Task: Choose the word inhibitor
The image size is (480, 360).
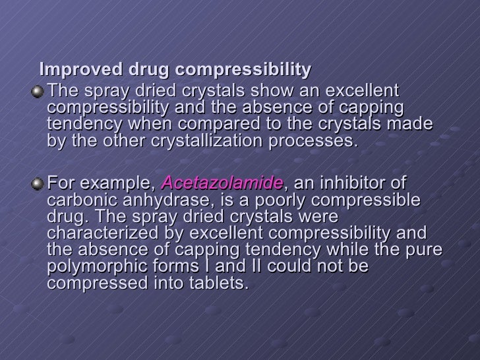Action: (343, 183)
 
